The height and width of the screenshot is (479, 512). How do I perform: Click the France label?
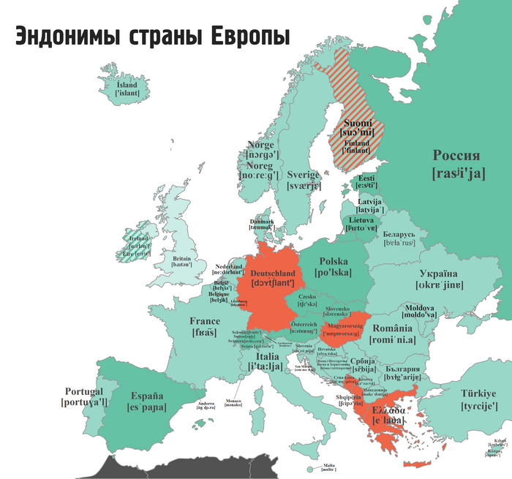pos(204,321)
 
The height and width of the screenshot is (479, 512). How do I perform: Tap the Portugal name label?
pos(84,391)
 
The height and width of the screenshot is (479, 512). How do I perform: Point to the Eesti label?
pos(366,178)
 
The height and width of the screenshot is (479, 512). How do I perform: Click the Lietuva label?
pos(361,219)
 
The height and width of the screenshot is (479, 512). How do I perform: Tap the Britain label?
pos(181,258)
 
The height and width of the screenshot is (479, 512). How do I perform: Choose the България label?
pos(399,369)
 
